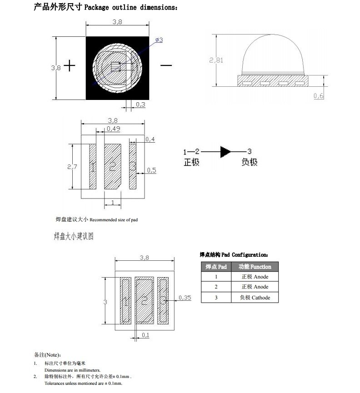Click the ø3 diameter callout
coord(159,40)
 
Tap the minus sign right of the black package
coord(166,65)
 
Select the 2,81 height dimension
coord(216,60)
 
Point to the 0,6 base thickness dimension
coord(319,95)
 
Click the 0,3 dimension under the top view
coord(140,104)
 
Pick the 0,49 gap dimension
coord(113,129)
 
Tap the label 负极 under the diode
coord(250,162)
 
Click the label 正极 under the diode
coord(191,162)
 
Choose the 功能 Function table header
coord(255,267)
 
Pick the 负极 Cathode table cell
coord(255,298)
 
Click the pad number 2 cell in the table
coord(216,287)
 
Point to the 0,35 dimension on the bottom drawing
coord(185,298)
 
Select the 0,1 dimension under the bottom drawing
coord(145,335)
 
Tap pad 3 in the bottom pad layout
coord(162,300)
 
